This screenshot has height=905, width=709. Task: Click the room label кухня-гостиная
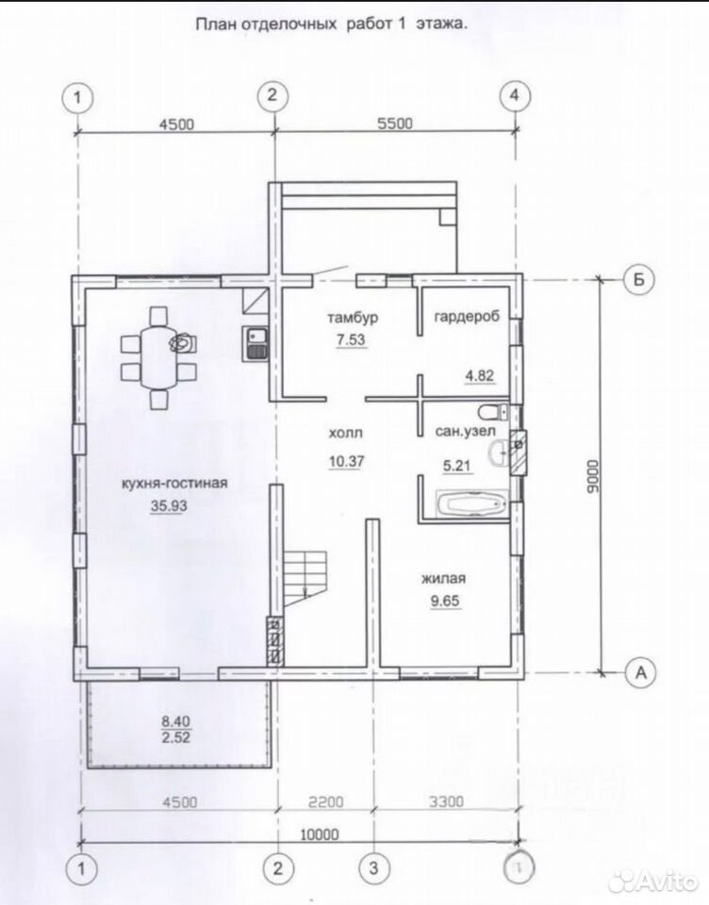pyautogui.click(x=173, y=483)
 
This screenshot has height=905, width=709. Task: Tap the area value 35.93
pyautogui.click(x=169, y=505)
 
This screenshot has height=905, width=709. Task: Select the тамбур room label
pyautogui.click(x=353, y=318)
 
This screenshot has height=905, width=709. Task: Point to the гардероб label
pyautogui.click(x=467, y=317)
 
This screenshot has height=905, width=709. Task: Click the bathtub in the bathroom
pyautogui.click(x=472, y=503)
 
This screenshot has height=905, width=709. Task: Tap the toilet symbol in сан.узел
pyautogui.click(x=493, y=412)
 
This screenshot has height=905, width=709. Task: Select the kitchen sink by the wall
pyautogui.click(x=256, y=344)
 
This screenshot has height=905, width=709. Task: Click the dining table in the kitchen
pyautogui.click(x=158, y=358)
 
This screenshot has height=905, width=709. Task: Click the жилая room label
pyautogui.click(x=443, y=578)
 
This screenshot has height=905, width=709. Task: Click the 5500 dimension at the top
pyautogui.click(x=395, y=123)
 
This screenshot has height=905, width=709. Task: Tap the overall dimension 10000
pyautogui.click(x=320, y=834)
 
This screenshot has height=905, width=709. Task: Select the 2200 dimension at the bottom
pyautogui.click(x=325, y=801)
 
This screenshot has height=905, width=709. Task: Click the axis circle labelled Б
pyautogui.click(x=639, y=279)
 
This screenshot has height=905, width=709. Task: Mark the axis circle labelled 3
pyautogui.click(x=373, y=867)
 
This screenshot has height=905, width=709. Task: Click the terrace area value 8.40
pyautogui.click(x=175, y=721)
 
